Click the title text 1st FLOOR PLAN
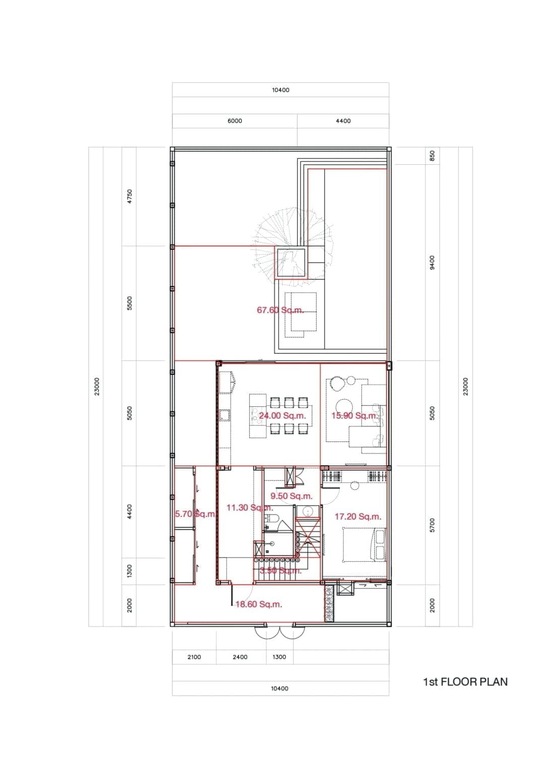465,682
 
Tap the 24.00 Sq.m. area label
282,416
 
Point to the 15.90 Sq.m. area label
354,416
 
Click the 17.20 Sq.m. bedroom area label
357,517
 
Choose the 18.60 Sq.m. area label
259,604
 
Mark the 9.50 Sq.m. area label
291,496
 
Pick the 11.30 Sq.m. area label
250,507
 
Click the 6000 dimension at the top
234,121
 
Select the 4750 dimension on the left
129,196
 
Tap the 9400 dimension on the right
432,262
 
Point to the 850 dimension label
432,156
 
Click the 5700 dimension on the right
432,524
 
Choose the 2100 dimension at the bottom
194,657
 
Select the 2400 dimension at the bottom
240,657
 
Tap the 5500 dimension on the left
129,303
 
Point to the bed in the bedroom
364,544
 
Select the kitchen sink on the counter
224,415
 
